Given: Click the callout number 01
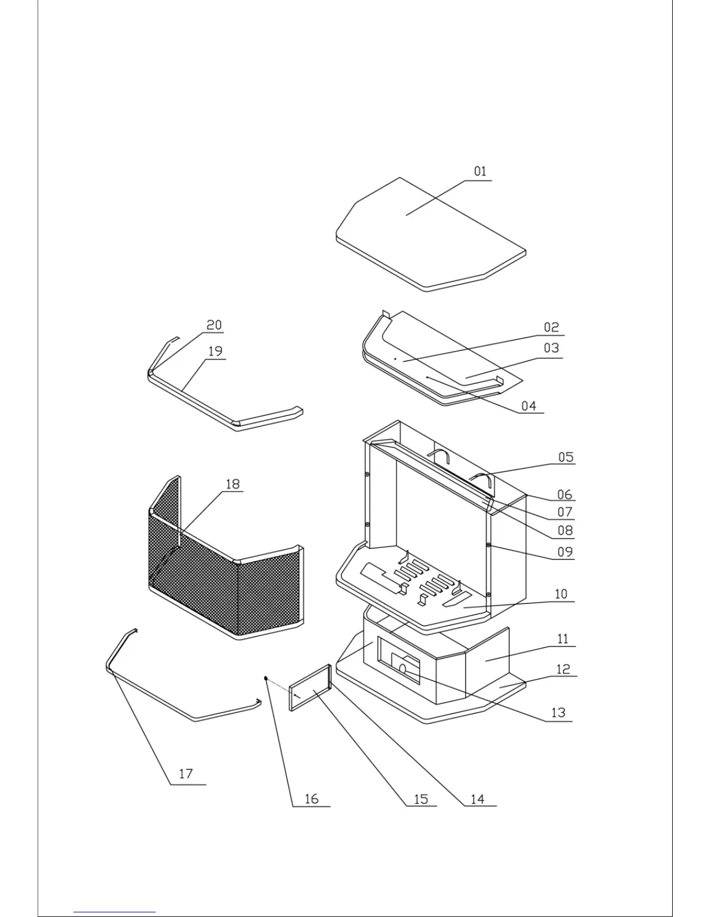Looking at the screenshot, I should pyautogui.click(x=480, y=171).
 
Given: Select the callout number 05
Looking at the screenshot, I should pyautogui.click(x=566, y=457).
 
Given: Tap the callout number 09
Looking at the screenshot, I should pyautogui.click(x=565, y=552).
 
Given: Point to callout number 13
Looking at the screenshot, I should pyautogui.click(x=558, y=713).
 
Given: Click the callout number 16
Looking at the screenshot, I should pyautogui.click(x=311, y=799).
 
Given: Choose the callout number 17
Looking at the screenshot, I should pyautogui.click(x=186, y=774).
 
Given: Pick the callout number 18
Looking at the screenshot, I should pyautogui.click(x=233, y=484).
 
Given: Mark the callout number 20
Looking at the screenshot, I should pyautogui.click(x=214, y=325).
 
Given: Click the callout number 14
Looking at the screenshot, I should pyautogui.click(x=477, y=799).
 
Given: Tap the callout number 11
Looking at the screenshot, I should pyautogui.click(x=563, y=639).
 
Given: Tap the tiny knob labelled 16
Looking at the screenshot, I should pyautogui.click(x=265, y=677).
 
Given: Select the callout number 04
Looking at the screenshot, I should pyautogui.click(x=529, y=406).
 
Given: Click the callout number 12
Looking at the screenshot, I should pyautogui.click(x=563, y=670).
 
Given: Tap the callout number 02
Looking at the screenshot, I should pyautogui.click(x=551, y=328).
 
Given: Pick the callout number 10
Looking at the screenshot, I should pyautogui.click(x=560, y=594).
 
